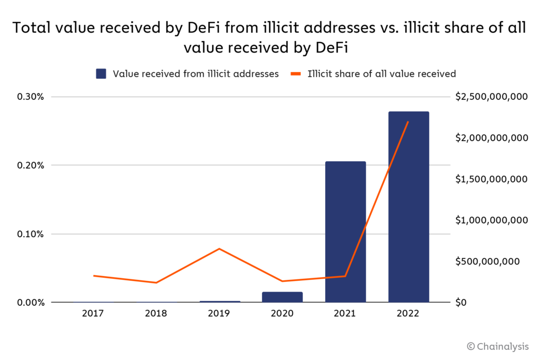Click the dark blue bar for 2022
point(409,207)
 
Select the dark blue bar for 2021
point(345,232)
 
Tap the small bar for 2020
point(282,297)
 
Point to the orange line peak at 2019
point(219,248)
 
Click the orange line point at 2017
point(93,276)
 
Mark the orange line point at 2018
point(156,282)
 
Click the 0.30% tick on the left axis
point(32,97)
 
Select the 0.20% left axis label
point(32,165)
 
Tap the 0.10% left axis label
point(32,234)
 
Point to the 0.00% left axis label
point(32,303)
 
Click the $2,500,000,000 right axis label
point(491,97)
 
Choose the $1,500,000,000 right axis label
point(491,179)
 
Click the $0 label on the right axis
point(461,303)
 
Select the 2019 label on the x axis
point(219,313)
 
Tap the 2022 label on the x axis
point(409,313)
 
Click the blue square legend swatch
point(101,74)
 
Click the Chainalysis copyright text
point(498,346)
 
